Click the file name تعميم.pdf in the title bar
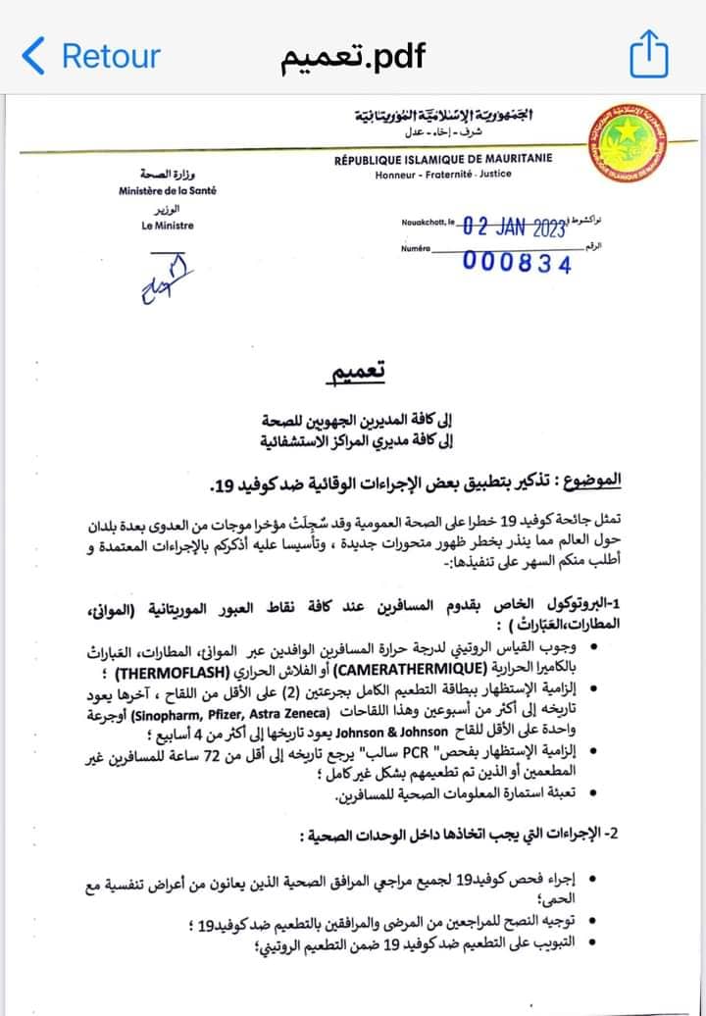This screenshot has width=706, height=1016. (x=353, y=56)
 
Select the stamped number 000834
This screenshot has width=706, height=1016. (x=516, y=262)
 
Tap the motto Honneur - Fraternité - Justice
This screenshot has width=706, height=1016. (x=443, y=175)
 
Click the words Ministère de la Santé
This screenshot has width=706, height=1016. (x=168, y=190)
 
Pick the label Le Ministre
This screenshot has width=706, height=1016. (x=168, y=226)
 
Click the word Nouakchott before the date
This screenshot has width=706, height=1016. (x=423, y=223)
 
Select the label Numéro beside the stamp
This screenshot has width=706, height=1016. (x=416, y=250)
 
